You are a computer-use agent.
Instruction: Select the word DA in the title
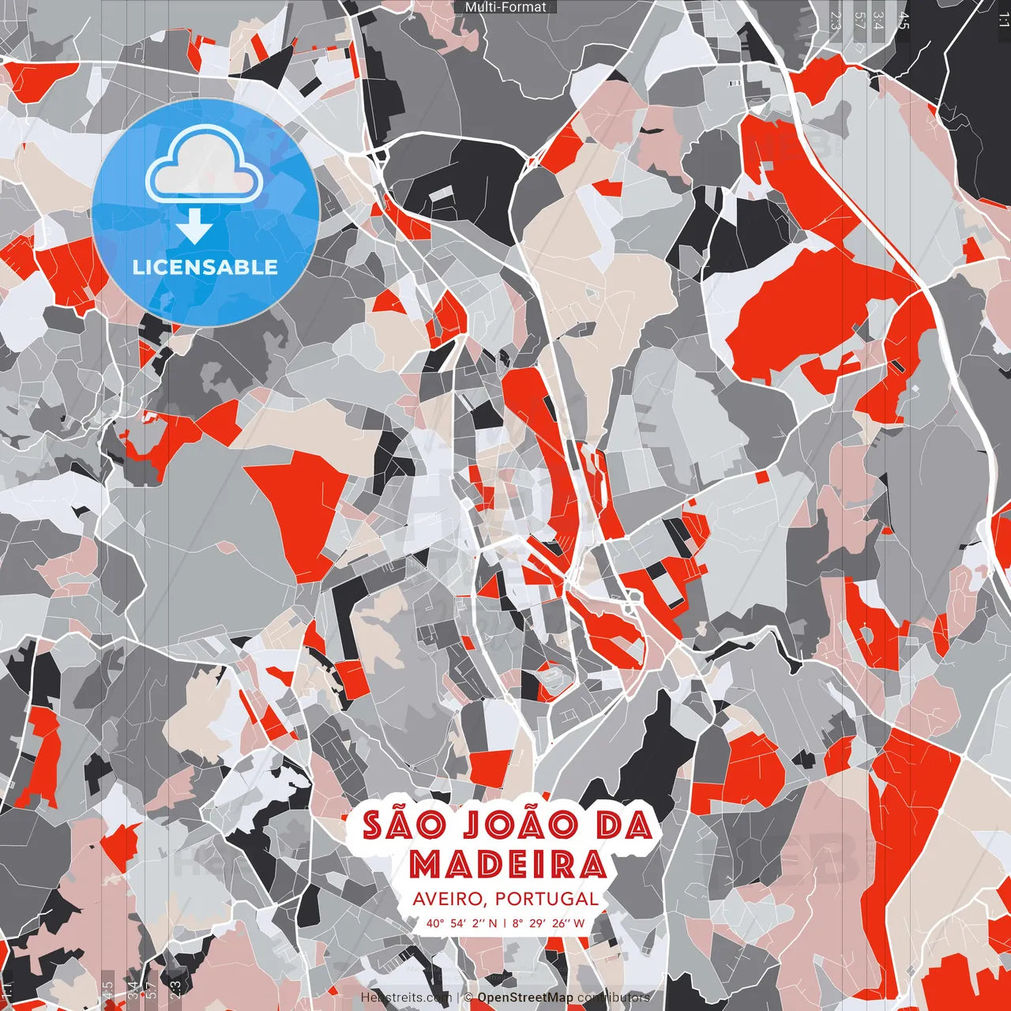pyautogui.click(x=624, y=826)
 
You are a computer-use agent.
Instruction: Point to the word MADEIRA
pyautogui.click(x=507, y=864)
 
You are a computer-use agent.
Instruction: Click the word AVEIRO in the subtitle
pyautogui.click(x=448, y=899)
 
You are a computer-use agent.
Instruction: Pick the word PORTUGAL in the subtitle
pyautogui.click(x=547, y=899)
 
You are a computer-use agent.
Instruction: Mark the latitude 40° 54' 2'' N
pyautogui.click(x=462, y=923)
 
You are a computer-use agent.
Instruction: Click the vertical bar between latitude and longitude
pyautogui.click(x=505, y=923)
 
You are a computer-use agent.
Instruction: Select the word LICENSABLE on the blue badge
pyautogui.click(x=205, y=267)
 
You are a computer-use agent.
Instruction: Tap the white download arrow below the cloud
pyautogui.click(x=194, y=228)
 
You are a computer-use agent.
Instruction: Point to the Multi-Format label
pyautogui.click(x=505, y=7)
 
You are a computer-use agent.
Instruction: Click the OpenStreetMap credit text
pyautogui.click(x=525, y=998)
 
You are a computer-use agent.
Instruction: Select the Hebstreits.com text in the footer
pyautogui.click(x=406, y=998)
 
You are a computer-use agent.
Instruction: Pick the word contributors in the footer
pyautogui.click(x=614, y=998)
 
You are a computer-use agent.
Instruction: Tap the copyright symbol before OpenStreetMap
pyautogui.click(x=468, y=998)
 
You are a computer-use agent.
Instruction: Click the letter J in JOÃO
pyautogui.click(x=465, y=826)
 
